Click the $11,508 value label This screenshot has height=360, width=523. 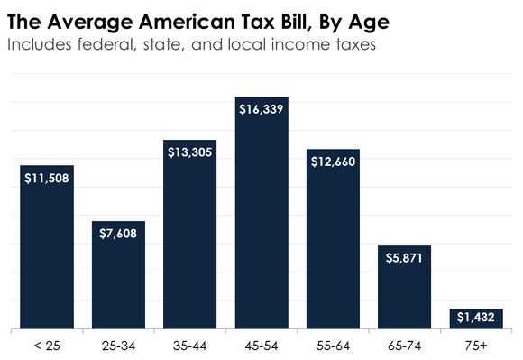[x=46, y=178]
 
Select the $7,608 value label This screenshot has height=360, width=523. [x=118, y=234]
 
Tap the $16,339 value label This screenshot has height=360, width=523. [x=261, y=109]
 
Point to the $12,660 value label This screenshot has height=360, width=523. [x=333, y=162]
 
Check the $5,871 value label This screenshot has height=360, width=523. [x=404, y=258]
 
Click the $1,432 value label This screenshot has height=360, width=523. [x=475, y=318]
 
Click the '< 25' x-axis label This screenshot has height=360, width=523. [x=46, y=346]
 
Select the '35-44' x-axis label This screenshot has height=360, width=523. [x=189, y=346]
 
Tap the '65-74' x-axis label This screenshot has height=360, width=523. [x=404, y=346]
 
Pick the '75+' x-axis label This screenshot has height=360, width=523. [x=475, y=346]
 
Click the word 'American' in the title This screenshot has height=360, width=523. [x=167, y=19]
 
